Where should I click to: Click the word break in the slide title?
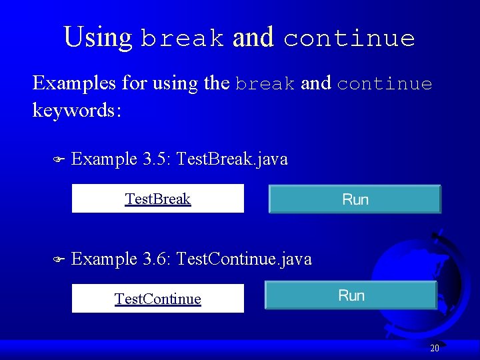click(x=182, y=39)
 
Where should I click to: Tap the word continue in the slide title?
click(x=349, y=39)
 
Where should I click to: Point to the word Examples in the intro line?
click(x=75, y=83)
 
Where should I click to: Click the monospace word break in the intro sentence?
click(x=265, y=84)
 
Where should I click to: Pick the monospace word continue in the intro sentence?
click(x=384, y=84)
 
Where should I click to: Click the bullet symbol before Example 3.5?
click(x=57, y=160)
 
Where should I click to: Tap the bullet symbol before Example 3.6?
click(x=57, y=260)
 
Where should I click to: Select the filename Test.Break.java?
click(x=233, y=159)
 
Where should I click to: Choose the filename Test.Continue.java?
click(x=245, y=259)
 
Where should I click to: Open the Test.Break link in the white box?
click(x=158, y=199)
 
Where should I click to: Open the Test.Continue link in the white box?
click(x=158, y=299)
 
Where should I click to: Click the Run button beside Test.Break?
click(x=355, y=199)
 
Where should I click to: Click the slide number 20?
click(x=434, y=348)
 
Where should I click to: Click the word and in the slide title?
click(x=253, y=37)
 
